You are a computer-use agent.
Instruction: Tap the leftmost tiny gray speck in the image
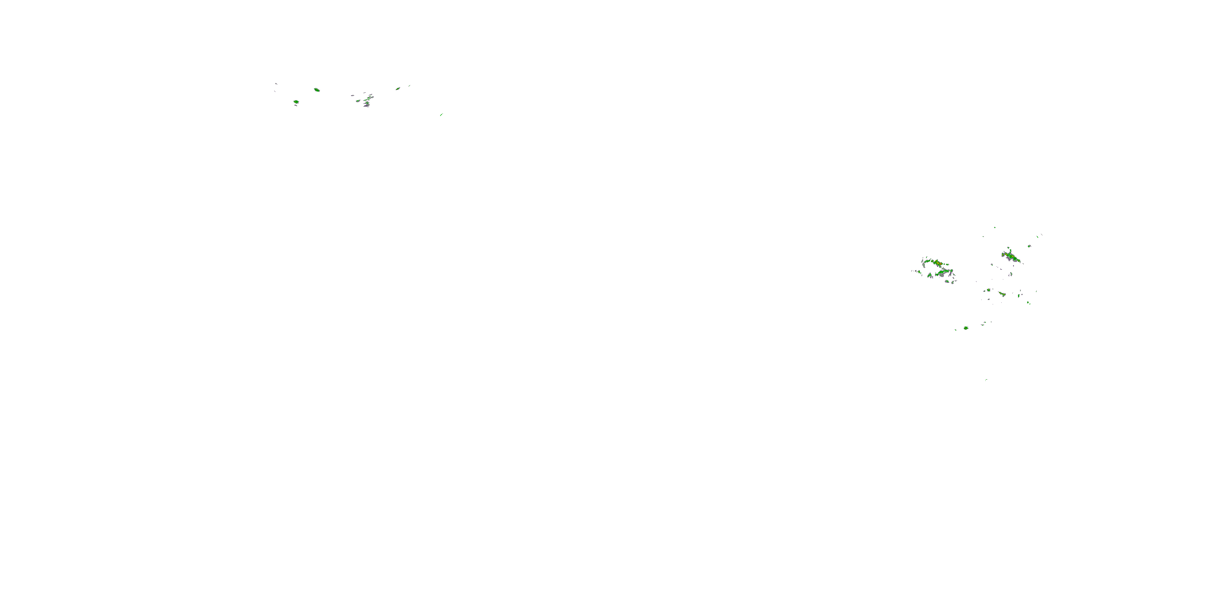click(x=276, y=84)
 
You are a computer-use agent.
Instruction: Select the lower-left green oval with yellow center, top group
click(x=296, y=102)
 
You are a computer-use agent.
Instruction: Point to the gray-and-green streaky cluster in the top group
click(x=367, y=101)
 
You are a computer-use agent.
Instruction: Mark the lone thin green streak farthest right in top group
click(x=442, y=114)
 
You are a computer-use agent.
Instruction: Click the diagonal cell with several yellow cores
click(x=1011, y=257)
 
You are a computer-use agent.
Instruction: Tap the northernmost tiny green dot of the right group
click(x=995, y=228)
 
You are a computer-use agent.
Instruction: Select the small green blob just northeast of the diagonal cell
click(x=1029, y=246)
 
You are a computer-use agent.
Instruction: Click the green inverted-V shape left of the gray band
click(x=929, y=275)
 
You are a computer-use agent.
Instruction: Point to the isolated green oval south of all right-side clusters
click(x=966, y=328)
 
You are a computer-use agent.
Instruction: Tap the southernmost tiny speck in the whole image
click(x=986, y=379)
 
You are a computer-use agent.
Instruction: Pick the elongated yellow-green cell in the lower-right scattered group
click(x=1002, y=294)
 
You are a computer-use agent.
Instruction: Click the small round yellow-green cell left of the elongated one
click(x=989, y=290)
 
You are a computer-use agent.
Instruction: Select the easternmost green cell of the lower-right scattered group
click(x=1029, y=302)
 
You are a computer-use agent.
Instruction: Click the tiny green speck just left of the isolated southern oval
click(x=956, y=329)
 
